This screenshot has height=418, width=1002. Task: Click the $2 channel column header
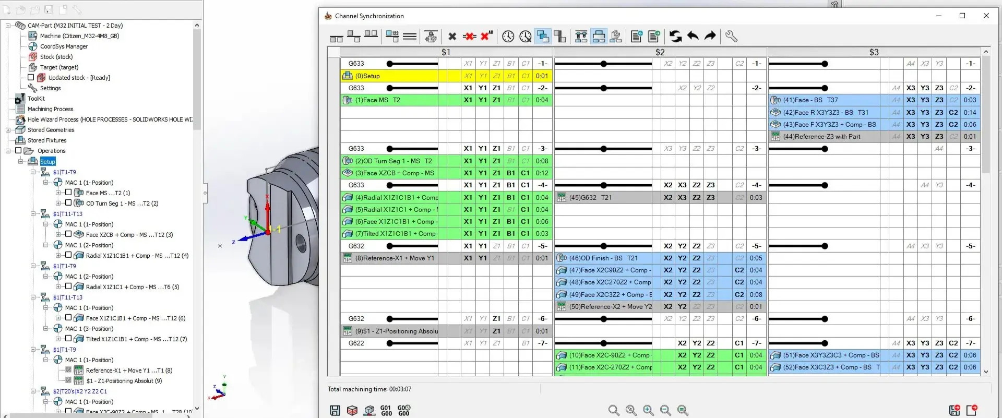[x=660, y=52]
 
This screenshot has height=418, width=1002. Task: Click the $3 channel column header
[x=874, y=52]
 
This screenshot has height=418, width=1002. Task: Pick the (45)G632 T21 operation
[x=600, y=198]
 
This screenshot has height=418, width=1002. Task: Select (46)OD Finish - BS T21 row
[x=603, y=258]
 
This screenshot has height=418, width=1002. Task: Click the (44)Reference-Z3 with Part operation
[x=821, y=137]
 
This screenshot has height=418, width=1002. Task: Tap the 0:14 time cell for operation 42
[x=970, y=113]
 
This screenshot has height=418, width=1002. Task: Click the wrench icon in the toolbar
[x=731, y=36]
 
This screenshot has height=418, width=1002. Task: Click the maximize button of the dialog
[x=962, y=16]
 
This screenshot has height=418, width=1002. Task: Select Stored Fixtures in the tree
[x=47, y=140]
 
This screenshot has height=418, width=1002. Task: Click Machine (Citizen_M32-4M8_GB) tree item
[x=79, y=36]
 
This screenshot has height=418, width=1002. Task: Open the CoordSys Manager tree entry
[x=64, y=46]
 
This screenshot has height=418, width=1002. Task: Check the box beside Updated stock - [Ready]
[x=31, y=78]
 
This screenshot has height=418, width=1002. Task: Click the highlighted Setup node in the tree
[x=47, y=162]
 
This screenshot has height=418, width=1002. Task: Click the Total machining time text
[x=369, y=389]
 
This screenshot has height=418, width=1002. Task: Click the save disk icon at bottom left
[x=335, y=411]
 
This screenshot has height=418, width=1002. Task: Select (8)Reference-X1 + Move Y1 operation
[x=394, y=258]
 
